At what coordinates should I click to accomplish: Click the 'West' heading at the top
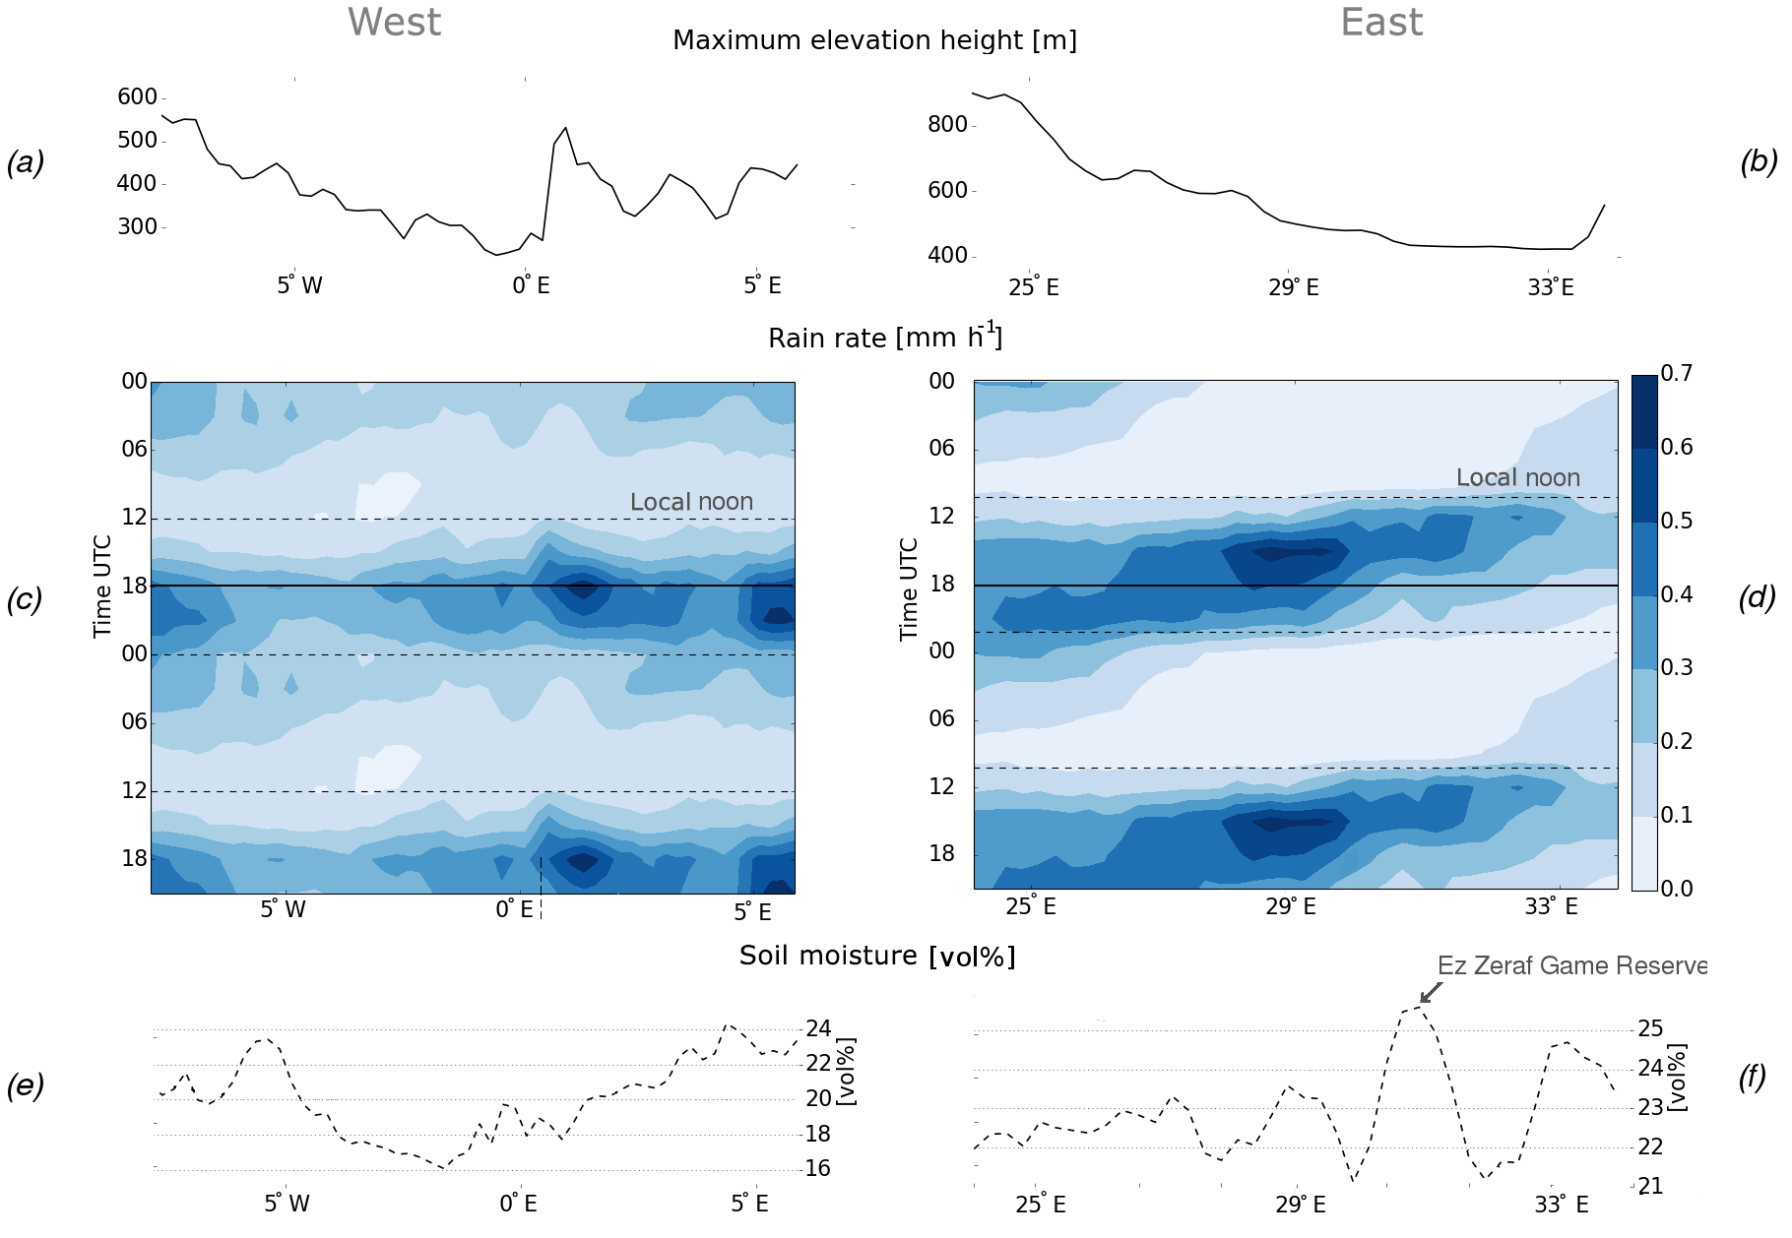click(x=394, y=22)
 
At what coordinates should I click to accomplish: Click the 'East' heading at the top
click(x=1381, y=22)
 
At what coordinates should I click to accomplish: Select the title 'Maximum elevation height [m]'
click(x=874, y=40)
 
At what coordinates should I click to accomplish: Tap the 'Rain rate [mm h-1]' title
click(x=884, y=338)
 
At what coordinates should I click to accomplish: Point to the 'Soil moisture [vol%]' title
click(x=876, y=956)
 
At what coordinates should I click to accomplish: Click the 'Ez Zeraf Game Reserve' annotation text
click(x=1571, y=965)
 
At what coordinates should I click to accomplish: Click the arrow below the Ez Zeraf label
click(x=1431, y=992)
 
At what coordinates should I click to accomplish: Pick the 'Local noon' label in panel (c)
click(x=691, y=502)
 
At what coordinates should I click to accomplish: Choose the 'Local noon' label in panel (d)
click(x=1517, y=477)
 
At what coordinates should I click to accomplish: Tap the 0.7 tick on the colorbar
click(x=1676, y=373)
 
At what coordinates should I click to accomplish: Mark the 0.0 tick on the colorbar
click(x=1676, y=889)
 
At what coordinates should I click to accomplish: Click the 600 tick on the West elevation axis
click(x=137, y=96)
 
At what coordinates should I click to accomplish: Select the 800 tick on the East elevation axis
click(x=947, y=124)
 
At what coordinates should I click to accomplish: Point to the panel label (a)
click(x=26, y=162)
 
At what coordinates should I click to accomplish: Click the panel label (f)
click(x=1753, y=1078)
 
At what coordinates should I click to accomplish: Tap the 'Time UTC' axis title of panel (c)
click(x=102, y=587)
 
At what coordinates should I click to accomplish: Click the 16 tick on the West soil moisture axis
click(x=818, y=1168)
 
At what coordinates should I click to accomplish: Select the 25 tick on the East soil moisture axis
click(x=1650, y=1029)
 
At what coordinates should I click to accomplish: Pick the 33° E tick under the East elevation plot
click(x=1551, y=287)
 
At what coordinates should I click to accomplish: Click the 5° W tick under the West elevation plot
click(x=299, y=285)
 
